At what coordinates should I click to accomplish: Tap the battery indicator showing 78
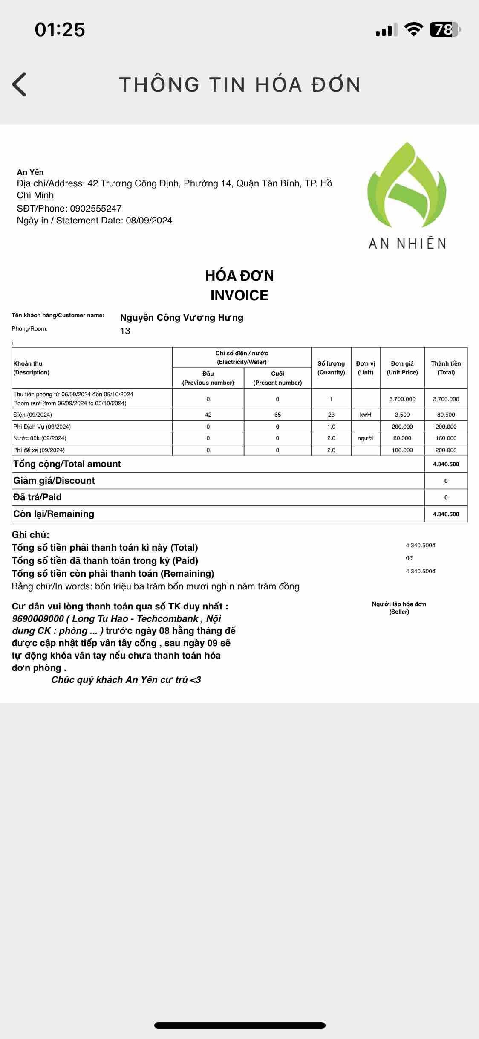click(x=444, y=29)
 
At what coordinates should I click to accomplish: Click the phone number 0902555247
click(x=96, y=209)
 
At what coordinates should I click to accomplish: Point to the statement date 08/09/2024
click(x=149, y=221)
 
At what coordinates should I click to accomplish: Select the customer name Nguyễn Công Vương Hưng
click(x=182, y=318)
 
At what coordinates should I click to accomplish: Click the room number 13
click(x=125, y=331)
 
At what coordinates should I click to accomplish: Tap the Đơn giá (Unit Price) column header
click(x=402, y=368)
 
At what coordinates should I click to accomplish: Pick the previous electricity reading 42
click(x=208, y=415)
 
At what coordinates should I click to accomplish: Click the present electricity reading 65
click(x=277, y=415)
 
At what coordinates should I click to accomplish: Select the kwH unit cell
click(x=366, y=415)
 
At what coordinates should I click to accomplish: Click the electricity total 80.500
click(x=446, y=415)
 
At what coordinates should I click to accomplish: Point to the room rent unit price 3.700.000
click(x=402, y=399)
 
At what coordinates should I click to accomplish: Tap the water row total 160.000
click(x=446, y=438)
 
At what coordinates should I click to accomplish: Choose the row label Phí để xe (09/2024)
click(x=39, y=450)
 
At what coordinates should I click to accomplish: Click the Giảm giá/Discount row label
click(x=54, y=481)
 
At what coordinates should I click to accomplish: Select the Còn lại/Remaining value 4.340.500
click(x=446, y=514)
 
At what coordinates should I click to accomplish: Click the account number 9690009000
click(x=38, y=619)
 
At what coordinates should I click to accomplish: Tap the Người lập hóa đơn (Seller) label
click(x=399, y=608)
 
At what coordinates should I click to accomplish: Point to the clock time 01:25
click(x=60, y=29)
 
